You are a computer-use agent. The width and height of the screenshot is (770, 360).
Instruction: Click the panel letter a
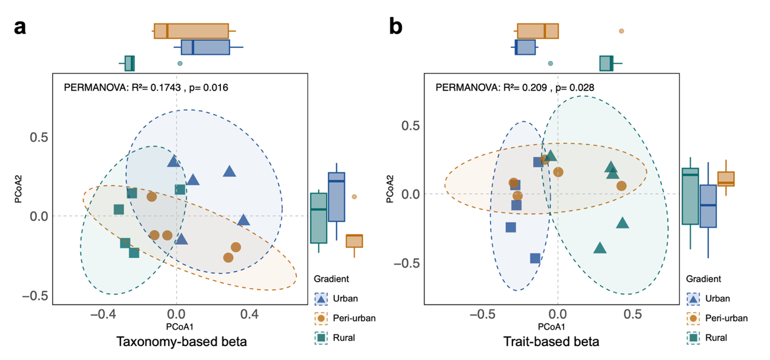(20, 28)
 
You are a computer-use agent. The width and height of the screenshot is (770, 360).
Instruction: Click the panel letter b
(395, 28)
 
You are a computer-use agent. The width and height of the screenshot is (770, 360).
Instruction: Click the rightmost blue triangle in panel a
(244, 220)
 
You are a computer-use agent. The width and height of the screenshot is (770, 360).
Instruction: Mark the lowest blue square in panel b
(535, 258)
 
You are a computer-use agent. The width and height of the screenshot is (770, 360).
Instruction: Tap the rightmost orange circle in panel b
(621, 185)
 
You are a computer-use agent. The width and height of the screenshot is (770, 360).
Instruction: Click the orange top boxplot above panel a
(191, 31)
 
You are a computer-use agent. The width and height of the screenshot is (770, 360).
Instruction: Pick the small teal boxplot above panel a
(129, 63)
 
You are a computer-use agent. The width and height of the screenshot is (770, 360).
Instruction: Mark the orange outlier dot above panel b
(621, 31)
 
